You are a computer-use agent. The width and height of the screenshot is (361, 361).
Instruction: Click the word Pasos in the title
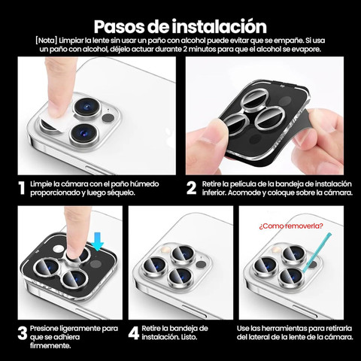pyautogui.click(x=119, y=26)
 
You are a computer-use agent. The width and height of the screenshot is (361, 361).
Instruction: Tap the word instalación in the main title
pyautogui.click(x=219, y=26)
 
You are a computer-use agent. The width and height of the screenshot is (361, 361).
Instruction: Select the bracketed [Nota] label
pyautogui.click(x=47, y=41)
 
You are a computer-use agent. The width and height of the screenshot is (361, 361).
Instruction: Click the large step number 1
pyautogui.click(x=22, y=188)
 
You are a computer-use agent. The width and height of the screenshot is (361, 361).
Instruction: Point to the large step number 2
pyautogui.click(x=192, y=188)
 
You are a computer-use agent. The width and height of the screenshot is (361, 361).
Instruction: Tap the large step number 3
pyautogui.click(x=23, y=334)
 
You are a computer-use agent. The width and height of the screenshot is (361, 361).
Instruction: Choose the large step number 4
pyautogui.click(x=134, y=333)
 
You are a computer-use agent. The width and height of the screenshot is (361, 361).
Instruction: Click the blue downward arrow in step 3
pyautogui.click(x=97, y=241)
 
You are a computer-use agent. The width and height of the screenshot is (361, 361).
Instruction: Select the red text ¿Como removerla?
pyautogui.click(x=291, y=226)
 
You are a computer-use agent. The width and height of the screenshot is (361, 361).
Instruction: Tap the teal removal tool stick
pyautogui.click(x=317, y=253)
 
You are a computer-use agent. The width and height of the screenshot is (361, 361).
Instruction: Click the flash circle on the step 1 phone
pyautogui.click(x=108, y=118)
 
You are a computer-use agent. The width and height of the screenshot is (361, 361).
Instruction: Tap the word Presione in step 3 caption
pyautogui.click(x=44, y=329)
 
